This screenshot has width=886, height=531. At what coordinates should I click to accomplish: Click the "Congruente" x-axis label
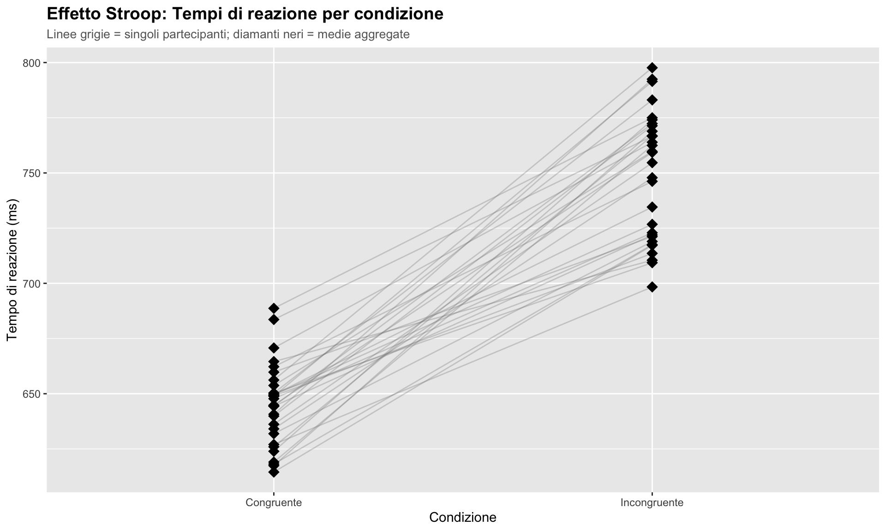tap(274, 502)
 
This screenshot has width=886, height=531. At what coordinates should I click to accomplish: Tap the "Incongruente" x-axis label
tap(652, 502)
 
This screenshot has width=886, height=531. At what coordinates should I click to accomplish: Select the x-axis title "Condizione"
tap(462, 518)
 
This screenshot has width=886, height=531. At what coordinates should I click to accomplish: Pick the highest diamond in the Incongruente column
tap(652, 68)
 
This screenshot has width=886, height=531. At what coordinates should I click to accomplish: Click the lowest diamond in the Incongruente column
tap(652, 287)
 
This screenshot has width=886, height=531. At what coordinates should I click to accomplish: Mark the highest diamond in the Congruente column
tap(274, 308)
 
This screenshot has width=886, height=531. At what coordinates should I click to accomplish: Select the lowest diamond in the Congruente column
tap(274, 472)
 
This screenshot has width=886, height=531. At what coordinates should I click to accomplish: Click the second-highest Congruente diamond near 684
tap(274, 319)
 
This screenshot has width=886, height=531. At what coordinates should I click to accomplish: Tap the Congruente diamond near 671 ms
tap(274, 348)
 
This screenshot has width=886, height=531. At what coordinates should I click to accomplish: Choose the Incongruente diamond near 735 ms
tap(652, 207)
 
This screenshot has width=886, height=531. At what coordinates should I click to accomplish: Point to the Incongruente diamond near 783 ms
tap(652, 100)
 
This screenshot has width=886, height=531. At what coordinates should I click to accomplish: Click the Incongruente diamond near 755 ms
tap(652, 163)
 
